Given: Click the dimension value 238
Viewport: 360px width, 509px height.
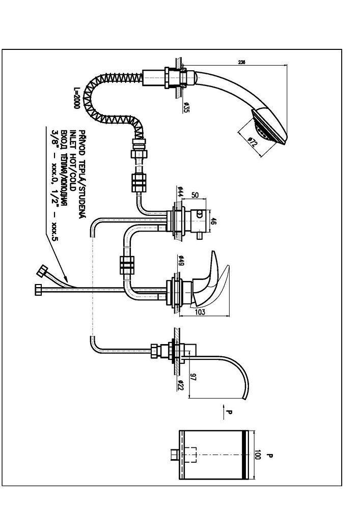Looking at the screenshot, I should coord(241,63).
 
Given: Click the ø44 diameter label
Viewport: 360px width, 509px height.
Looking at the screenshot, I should coord(181,192).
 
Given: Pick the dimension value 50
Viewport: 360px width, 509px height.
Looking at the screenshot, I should coord(195,195).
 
